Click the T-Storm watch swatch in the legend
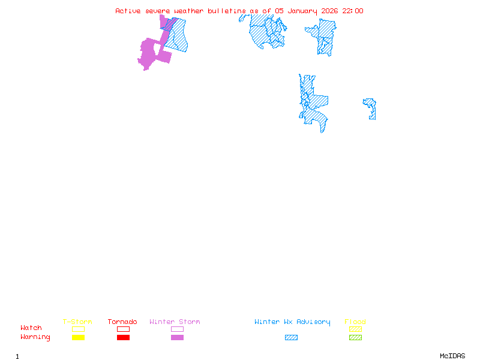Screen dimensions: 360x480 [78, 329]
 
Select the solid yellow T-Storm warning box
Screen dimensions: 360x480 [78, 338]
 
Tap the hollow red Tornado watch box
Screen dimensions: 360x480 [123, 329]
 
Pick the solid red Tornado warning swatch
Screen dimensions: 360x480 [123, 338]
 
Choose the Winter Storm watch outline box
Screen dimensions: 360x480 [177, 329]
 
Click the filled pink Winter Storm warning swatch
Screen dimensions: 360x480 [177, 338]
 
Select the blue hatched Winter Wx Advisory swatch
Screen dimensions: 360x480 [291, 338]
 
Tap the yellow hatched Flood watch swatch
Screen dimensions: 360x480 [355, 329]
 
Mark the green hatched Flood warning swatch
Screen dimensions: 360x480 [355, 338]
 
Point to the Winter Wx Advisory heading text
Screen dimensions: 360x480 [292, 322]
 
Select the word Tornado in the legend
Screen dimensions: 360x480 [122, 322]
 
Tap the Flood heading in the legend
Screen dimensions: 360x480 [355, 322]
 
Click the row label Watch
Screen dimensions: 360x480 [31, 328]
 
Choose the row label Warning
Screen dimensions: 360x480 [35, 337]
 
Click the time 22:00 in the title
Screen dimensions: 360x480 [353, 11]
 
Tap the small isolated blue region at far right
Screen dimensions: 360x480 [371, 108]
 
